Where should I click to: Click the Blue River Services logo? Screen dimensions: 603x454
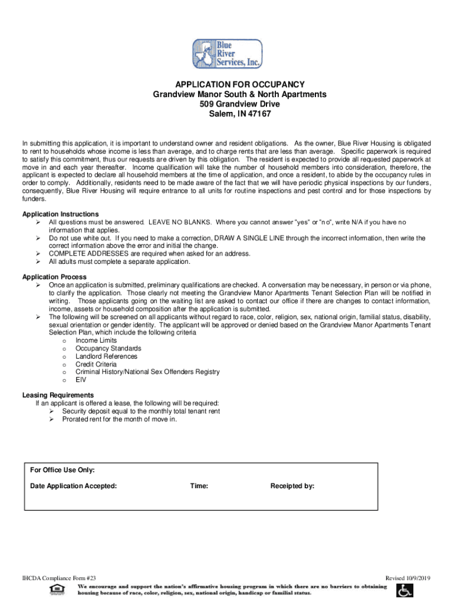point(227,54)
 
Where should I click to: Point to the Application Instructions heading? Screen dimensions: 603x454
point(60,214)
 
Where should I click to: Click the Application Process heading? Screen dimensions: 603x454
point(54,277)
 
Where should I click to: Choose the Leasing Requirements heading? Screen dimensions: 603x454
point(58,395)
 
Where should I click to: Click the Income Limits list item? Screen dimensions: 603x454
point(96,340)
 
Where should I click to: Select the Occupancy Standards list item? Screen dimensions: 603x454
point(108,349)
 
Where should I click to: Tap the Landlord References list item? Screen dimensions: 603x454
point(106,356)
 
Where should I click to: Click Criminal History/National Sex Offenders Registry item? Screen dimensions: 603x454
point(147,372)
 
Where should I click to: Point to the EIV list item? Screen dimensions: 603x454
point(81,380)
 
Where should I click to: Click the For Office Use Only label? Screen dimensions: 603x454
point(62,470)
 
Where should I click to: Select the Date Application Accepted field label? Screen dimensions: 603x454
point(73,486)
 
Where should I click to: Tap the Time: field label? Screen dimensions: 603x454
point(199,486)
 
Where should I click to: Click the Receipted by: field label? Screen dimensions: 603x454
point(292,486)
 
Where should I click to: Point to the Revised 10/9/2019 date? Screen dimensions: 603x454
point(408,578)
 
